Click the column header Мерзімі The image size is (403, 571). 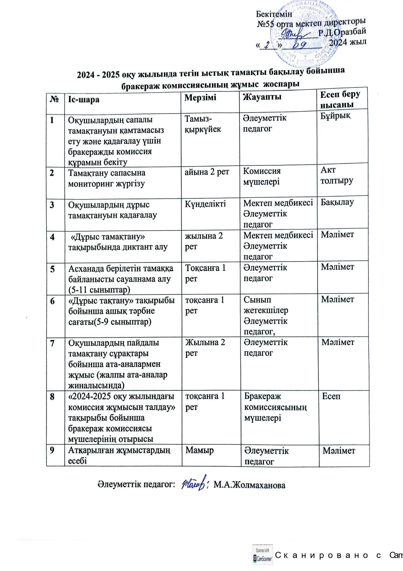point(200,97)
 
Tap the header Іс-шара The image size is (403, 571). point(84,99)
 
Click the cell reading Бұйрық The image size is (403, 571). point(336,116)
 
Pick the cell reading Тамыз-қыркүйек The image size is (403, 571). point(203,124)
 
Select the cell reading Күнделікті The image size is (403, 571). point(205,204)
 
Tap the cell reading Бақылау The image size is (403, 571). point(337,202)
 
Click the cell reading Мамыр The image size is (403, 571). point(200,450)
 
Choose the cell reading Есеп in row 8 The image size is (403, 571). point(331,396)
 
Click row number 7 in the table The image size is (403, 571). point(52,343)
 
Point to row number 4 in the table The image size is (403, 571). point(52,236)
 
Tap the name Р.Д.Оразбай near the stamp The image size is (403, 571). point(342,32)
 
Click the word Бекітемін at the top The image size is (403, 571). point(274,14)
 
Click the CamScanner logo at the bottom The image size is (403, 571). point(263,554)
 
